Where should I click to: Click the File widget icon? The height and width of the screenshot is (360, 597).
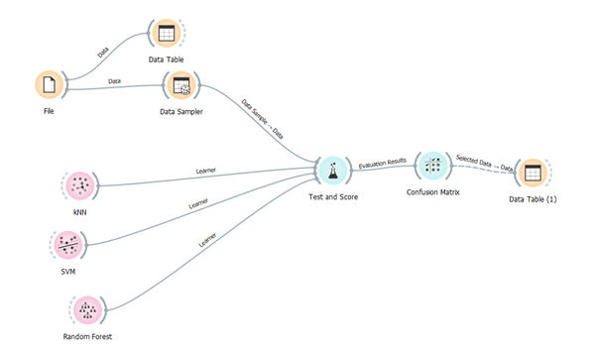pyautogui.click(x=49, y=85)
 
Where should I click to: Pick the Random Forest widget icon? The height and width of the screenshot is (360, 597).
pyautogui.click(x=88, y=310)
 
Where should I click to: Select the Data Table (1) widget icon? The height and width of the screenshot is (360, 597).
pyautogui.click(x=533, y=173)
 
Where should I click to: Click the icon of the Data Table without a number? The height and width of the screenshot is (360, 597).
pyautogui.click(x=166, y=34)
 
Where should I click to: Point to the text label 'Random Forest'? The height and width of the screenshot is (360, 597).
pyautogui.click(x=87, y=337)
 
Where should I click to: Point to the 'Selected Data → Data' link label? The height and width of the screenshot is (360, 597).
pyautogui.click(x=485, y=163)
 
